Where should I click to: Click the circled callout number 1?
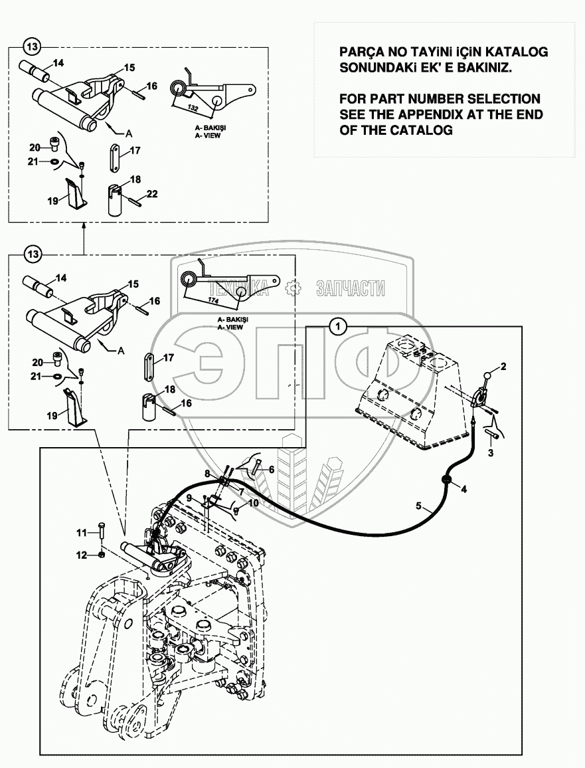click(339, 326)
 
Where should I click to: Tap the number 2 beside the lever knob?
click(503, 366)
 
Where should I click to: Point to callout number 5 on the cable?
click(419, 506)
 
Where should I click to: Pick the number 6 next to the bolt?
click(271, 468)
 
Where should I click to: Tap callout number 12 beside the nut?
click(207, 474)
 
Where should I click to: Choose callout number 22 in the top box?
click(152, 193)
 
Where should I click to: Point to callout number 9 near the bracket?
click(189, 498)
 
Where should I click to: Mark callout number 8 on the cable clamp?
click(207, 474)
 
